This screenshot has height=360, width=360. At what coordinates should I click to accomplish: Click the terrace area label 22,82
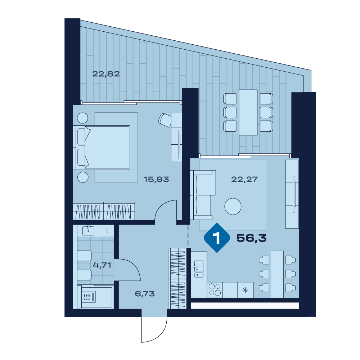pos(106,74)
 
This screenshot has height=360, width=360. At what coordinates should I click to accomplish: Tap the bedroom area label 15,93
pos(156,179)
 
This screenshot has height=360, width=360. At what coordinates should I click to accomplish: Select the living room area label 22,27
pos(244,179)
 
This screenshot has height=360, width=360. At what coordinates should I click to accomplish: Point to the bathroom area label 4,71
pos(102,265)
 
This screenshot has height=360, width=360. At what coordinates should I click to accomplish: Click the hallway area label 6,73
pos(145,294)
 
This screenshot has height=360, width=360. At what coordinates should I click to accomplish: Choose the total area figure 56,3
pos(251,238)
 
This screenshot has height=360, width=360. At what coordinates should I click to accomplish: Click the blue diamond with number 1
pos(217,238)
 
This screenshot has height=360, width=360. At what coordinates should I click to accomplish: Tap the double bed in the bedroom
pos(102,148)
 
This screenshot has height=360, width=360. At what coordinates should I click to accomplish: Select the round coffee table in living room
pos(233,206)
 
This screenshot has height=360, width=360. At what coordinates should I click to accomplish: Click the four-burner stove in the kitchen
pos(215,290)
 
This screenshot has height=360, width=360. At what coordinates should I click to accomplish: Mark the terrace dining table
pos(248,112)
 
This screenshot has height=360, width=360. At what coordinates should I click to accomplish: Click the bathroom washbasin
pos(88,230)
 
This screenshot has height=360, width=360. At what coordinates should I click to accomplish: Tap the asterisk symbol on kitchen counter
pos(245,291)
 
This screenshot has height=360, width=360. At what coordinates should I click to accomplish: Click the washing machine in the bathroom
pos(89,297)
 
